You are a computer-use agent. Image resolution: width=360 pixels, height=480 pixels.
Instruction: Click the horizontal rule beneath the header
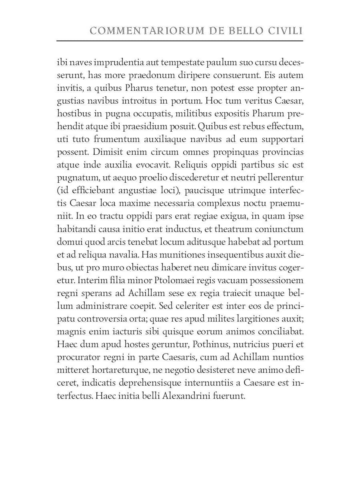[x=180, y=40]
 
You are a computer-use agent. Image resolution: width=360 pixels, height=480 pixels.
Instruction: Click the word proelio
[x=154, y=178]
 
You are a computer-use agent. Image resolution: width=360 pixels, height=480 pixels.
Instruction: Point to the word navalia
[x=124, y=255]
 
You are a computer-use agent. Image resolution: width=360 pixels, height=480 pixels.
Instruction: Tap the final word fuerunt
[x=229, y=396]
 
